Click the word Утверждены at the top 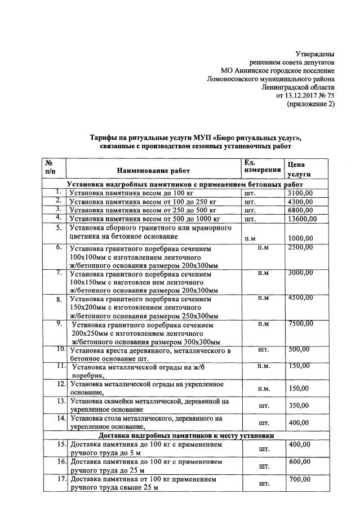click(315, 54)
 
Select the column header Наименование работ click(153, 170)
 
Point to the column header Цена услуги click(300, 170)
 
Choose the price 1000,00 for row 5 click(300, 238)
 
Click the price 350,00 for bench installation click(299, 405)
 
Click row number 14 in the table click(61, 419)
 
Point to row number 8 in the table click(59, 299)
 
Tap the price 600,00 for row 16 click(299, 461)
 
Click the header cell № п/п click(50, 166)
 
